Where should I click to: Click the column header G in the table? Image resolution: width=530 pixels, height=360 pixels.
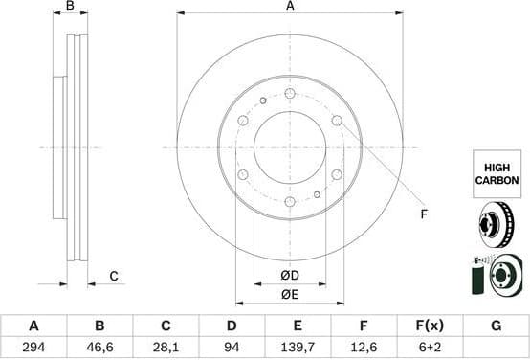496,326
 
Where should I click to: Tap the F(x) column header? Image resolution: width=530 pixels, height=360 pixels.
430,326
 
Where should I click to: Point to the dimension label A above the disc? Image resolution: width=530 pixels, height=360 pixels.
290,7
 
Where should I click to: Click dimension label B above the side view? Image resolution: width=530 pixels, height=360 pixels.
70,7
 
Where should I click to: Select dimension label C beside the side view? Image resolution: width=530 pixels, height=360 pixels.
113,277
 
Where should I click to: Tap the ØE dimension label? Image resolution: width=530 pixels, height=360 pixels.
289,295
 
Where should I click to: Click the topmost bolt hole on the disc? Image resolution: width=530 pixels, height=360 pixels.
290,93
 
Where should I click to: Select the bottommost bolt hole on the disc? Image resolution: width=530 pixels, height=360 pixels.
290,201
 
